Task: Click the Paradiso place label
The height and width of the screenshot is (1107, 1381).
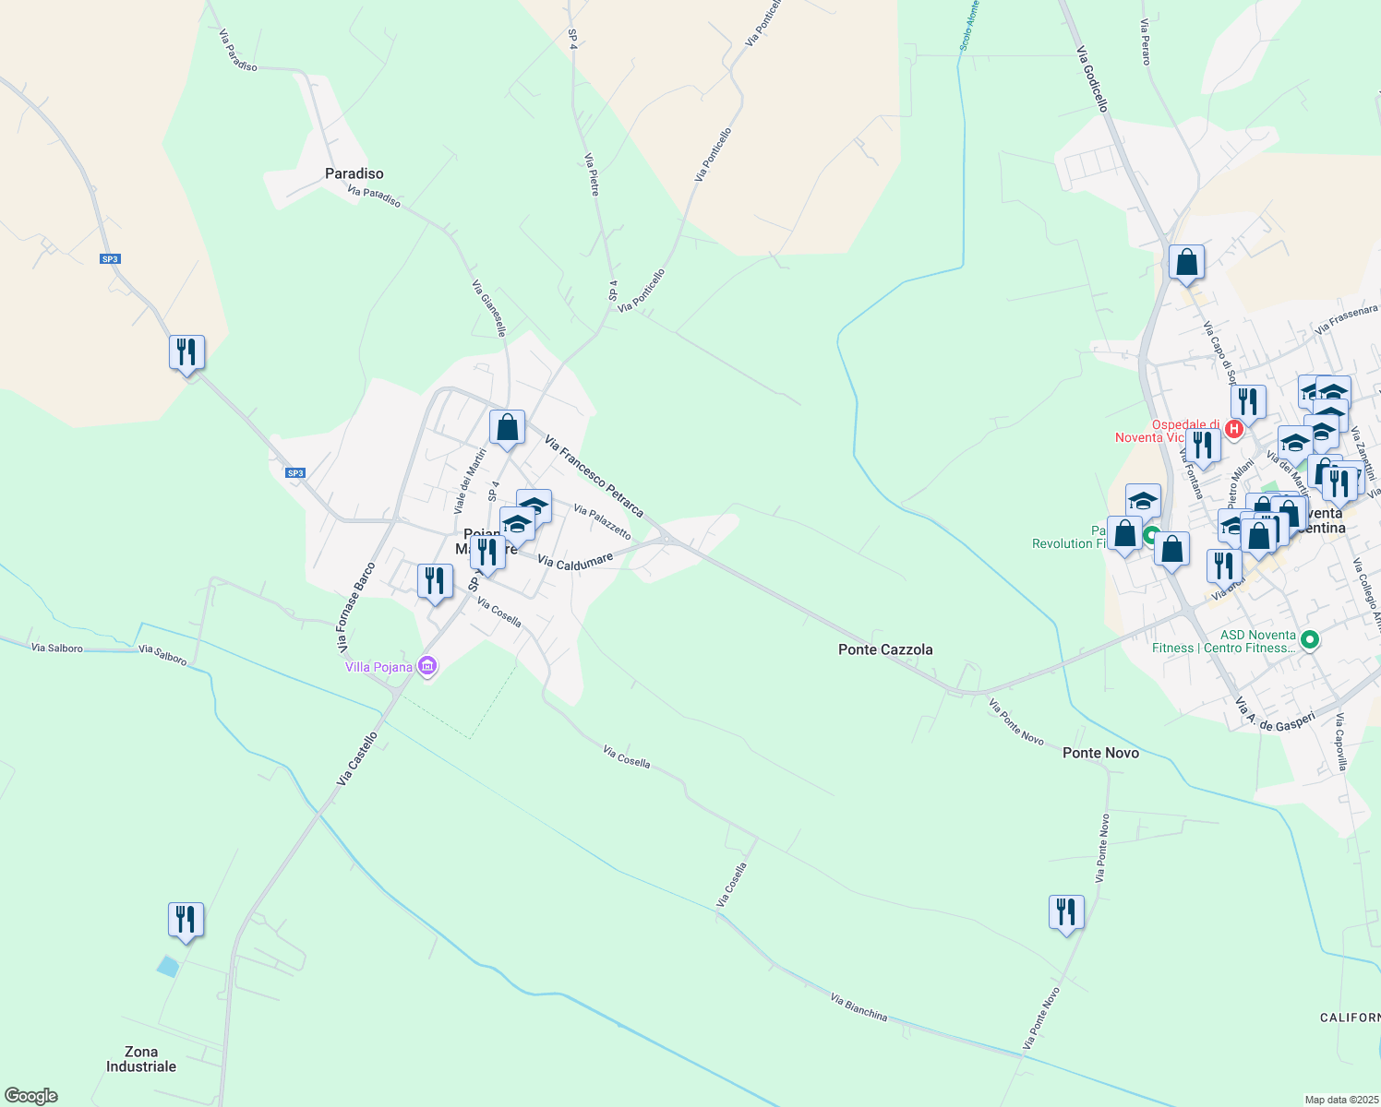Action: coord(354,173)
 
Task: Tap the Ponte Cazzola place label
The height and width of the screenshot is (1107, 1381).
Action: coord(884,649)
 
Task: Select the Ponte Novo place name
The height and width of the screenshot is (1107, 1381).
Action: coord(1100,753)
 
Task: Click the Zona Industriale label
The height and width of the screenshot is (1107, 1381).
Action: coord(140,1059)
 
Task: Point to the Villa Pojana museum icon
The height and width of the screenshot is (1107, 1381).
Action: coord(426,666)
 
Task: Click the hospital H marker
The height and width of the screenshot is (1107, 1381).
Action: coord(1233,429)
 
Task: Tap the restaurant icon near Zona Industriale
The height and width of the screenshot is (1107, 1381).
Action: coord(186,920)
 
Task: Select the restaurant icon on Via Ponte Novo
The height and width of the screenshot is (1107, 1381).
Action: coord(1066,911)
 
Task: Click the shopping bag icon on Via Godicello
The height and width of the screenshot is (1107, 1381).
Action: coord(1186,262)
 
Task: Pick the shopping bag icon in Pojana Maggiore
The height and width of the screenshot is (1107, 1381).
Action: coord(507,427)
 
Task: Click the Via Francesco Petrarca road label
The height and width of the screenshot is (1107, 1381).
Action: coord(594,476)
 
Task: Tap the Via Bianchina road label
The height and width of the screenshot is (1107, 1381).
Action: coord(859,1007)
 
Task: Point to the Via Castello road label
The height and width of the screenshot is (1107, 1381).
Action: coord(357,759)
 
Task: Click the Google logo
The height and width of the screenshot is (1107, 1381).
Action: coord(31,1096)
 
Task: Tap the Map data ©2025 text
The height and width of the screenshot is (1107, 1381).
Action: coord(1340,1100)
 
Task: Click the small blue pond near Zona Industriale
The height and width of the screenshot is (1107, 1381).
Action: coord(167,966)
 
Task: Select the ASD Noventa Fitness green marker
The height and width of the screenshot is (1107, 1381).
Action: coord(1308,639)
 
